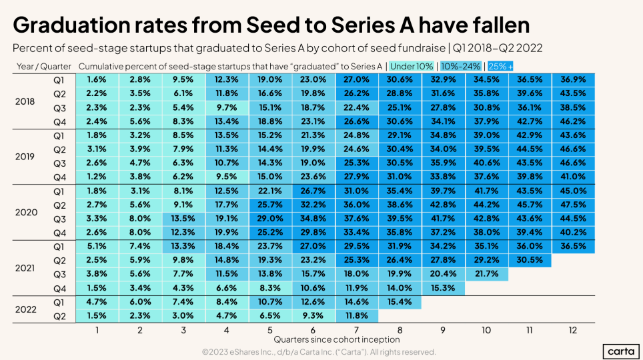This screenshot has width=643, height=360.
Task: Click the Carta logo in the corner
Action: coord(620,351)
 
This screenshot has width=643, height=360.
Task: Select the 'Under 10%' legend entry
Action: coord(411,67)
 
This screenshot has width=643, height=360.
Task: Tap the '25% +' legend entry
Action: coord(500,67)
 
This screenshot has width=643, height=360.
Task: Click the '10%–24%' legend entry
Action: coord(460,67)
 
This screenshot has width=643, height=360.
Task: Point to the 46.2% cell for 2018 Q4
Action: coord(574,121)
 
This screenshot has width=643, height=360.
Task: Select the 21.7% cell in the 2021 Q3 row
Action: coord(486,273)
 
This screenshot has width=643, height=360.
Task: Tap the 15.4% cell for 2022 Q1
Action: coord(400,301)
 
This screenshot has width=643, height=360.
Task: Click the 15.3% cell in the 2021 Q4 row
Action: coord(444,287)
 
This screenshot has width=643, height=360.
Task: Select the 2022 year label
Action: coord(26,309)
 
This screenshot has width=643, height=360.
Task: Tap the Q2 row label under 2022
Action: coord(59,315)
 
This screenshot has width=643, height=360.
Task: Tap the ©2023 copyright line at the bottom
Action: coord(319,351)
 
